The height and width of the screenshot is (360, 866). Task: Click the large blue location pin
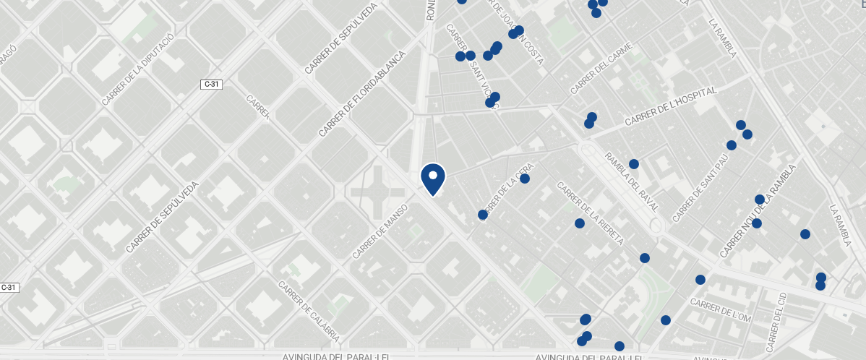(x=432, y=179)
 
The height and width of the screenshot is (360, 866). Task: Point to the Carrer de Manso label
(x=380, y=231)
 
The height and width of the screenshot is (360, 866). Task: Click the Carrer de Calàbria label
(x=309, y=311)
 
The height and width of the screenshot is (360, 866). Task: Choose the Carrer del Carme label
(x=601, y=69)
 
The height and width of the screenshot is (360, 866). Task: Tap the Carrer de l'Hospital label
(x=670, y=106)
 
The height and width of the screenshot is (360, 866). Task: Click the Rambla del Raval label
(x=632, y=181)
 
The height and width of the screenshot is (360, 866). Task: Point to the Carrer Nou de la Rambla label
(x=757, y=211)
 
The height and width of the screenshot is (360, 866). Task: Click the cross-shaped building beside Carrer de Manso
(x=377, y=191)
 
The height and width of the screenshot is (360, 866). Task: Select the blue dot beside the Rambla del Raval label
(x=634, y=164)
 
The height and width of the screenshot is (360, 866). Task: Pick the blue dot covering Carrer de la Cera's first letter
(x=483, y=215)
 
